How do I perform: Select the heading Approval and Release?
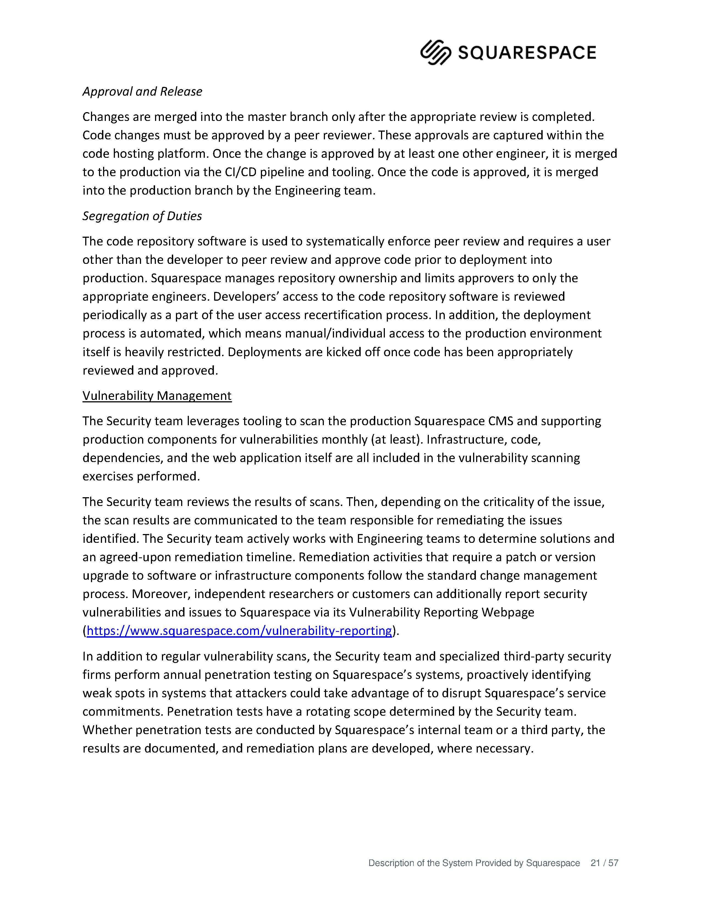pyautogui.click(x=142, y=91)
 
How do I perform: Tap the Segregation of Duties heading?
pyautogui.click(x=142, y=216)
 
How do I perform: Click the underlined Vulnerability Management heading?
pyautogui.click(x=157, y=396)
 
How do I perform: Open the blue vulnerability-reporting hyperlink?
pyautogui.click(x=239, y=631)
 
